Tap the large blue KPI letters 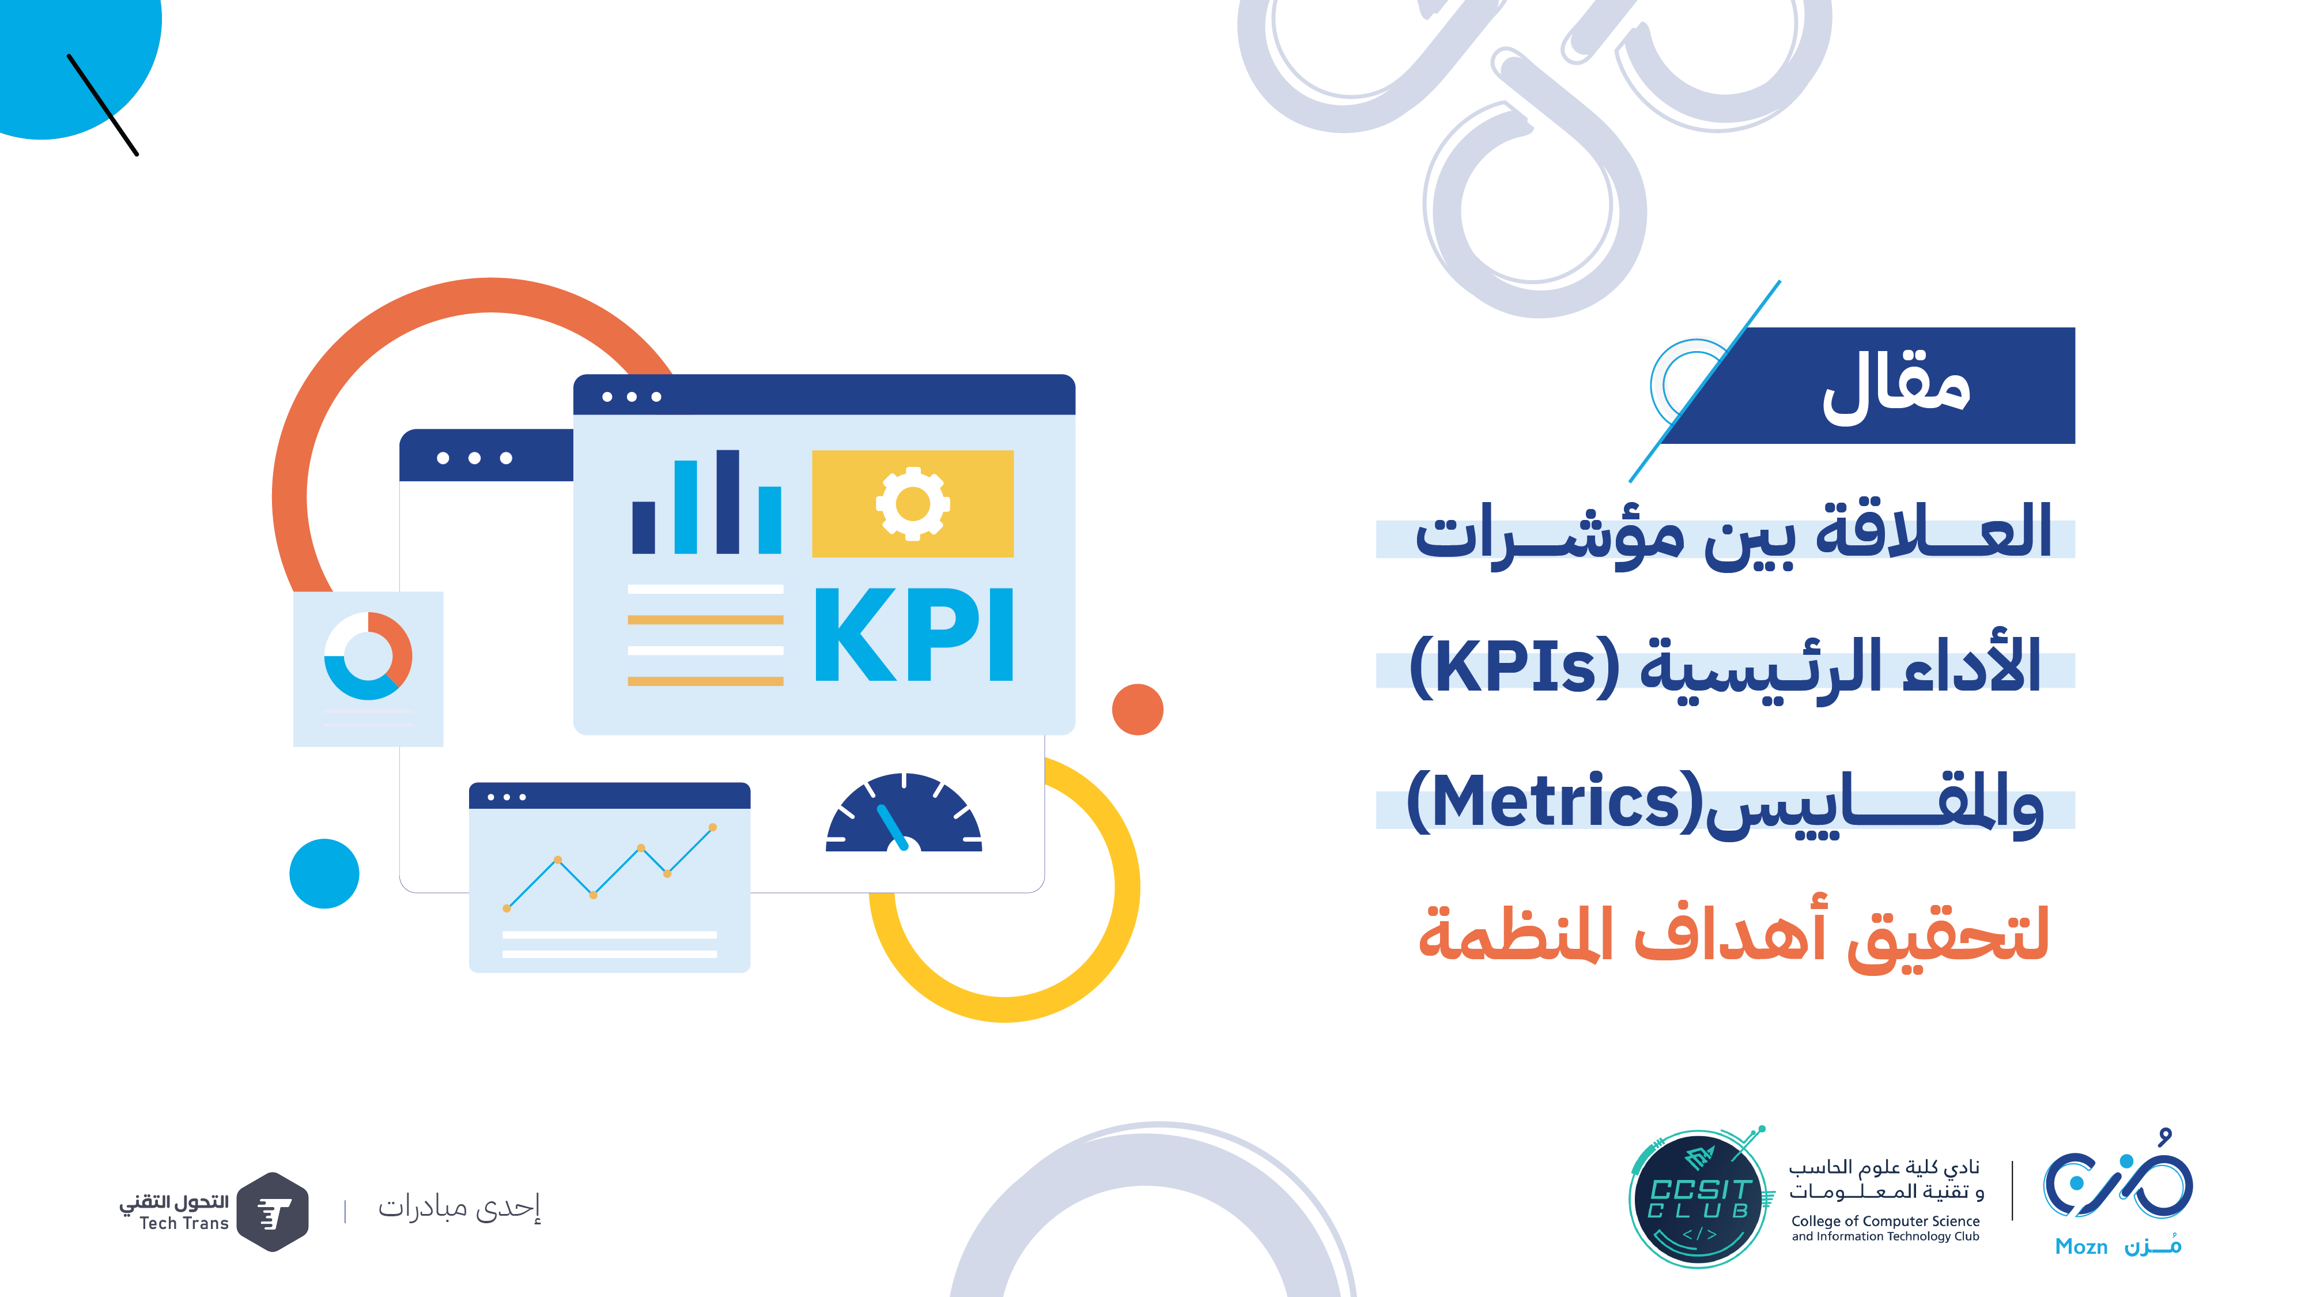pos(913,635)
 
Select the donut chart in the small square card pos(368,656)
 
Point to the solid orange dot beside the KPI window pos(1138,710)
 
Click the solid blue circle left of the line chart pos(324,874)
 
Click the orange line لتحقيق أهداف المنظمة pos(1734,936)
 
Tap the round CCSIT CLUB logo pos(1698,1198)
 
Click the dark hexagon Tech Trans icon pos(274,1212)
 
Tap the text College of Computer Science pos(1885,1221)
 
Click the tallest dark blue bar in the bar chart pos(727,502)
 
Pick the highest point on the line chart pos(712,827)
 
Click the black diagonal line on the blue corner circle pos(103,105)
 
